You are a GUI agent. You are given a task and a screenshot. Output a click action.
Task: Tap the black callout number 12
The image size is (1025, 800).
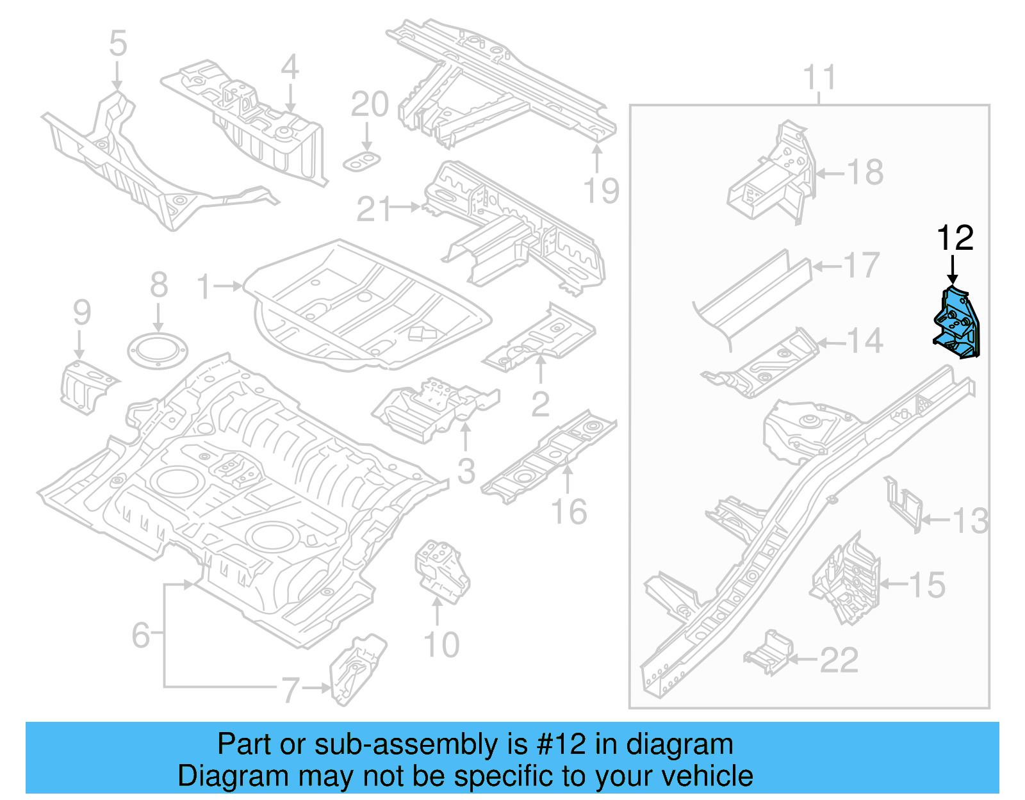coord(955,238)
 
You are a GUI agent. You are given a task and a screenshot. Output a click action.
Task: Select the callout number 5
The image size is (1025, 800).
coord(118,44)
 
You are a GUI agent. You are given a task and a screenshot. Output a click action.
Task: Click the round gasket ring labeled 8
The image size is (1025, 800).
coord(158,351)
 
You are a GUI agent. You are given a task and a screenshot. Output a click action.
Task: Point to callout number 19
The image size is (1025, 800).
coord(602,191)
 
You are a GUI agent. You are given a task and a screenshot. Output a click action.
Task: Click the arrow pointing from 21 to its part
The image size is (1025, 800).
coord(406,207)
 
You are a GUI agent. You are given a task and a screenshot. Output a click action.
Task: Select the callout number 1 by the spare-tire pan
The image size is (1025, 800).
coord(204,287)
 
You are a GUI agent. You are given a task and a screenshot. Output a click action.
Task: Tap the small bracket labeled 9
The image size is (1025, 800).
coord(86,387)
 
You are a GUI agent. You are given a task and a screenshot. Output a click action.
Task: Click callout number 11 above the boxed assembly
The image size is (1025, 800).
coord(819,78)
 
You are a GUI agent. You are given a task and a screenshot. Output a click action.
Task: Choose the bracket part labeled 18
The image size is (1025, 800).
coord(772,174)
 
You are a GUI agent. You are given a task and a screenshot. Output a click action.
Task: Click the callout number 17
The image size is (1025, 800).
coord(862,266)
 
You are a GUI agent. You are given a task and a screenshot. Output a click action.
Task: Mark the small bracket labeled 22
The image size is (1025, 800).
coord(769,654)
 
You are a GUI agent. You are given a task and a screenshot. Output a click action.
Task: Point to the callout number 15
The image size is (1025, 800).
coord(926,585)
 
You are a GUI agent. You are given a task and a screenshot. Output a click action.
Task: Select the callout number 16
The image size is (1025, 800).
coord(569,512)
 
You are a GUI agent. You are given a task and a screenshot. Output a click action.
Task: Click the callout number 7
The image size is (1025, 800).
coord(290,690)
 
